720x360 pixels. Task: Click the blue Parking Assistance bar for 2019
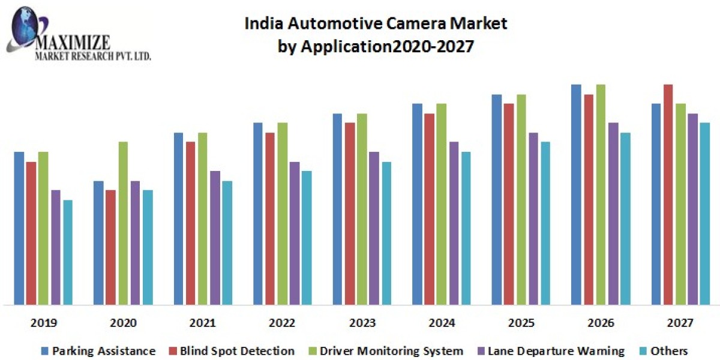point(19,228)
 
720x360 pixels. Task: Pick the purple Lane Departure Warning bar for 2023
point(374,228)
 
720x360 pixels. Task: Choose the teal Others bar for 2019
point(68,252)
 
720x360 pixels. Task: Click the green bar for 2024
point(441,204)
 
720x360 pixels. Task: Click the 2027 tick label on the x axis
point(680,323)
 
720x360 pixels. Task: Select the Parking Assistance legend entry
point(98,351)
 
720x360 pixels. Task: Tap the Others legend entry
point(665,351)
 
